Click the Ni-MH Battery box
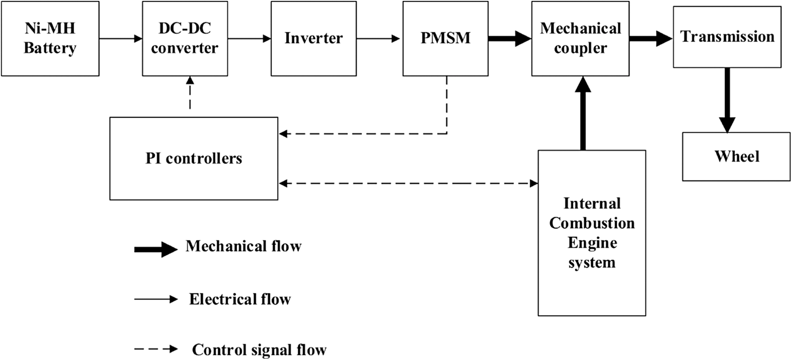click(x=50, y=38)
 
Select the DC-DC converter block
click(x=185, y=38)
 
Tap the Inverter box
click(x=313, y=38)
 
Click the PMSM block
click(x=445, y=38)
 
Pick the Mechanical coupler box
click(x=580, y=38)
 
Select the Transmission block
click(x=727, y=37)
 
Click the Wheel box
click(x=736, y=157)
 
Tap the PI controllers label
click(x=194, y=158)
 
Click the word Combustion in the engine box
click(x=592, y=223)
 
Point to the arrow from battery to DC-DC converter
click(x=120, y=39)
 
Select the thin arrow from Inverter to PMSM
click(x=378, y=39)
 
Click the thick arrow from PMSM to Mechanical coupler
click(x=509, y=39)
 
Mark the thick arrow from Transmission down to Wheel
click(x=727, y=100)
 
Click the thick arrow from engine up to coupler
click(x=583, y=113)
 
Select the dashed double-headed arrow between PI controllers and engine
click(x=407, y=183)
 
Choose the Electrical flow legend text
click(x=240, y=299)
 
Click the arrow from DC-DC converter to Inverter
click(x=249, y=39)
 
